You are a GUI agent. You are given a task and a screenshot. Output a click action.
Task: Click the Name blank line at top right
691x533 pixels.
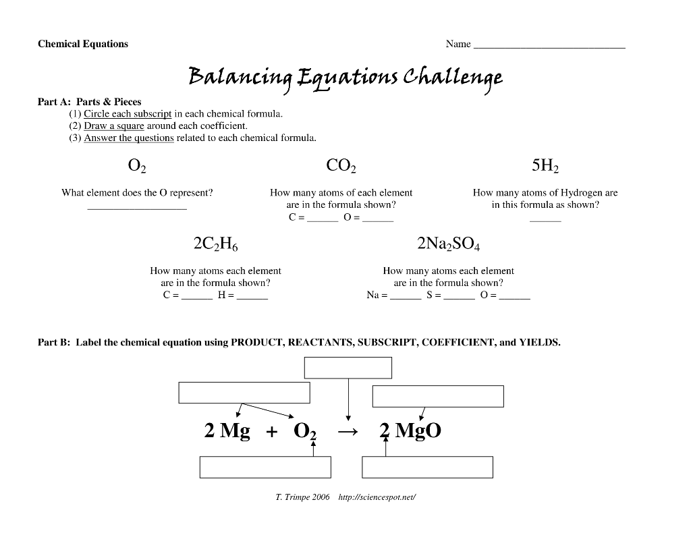(549, 48)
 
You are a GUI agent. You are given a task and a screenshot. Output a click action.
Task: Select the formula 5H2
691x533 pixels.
(545, 165)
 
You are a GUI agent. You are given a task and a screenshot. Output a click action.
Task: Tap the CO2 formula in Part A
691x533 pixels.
(341, 165)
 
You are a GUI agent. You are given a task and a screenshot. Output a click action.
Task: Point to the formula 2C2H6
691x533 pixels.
(215, 244)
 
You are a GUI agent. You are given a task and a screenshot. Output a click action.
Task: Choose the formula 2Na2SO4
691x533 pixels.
(448, 244)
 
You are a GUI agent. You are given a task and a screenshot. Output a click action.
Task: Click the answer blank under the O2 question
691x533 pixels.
(137, 208)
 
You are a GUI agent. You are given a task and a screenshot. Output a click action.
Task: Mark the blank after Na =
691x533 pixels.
(406, 299)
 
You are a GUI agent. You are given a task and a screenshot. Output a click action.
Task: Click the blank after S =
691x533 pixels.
(459, 299)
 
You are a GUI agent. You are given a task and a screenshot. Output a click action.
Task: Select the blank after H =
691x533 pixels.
(252, 299)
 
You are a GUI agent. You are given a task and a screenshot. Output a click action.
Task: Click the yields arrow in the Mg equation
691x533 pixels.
(348, 432)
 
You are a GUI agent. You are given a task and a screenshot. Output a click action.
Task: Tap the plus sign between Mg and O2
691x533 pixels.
(272, 432)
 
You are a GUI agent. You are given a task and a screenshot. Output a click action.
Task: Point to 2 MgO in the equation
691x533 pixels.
(410, 430)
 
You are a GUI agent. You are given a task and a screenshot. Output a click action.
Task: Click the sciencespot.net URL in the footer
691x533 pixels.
(377, 497)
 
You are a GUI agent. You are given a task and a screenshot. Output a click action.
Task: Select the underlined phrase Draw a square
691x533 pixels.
(114, 126)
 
